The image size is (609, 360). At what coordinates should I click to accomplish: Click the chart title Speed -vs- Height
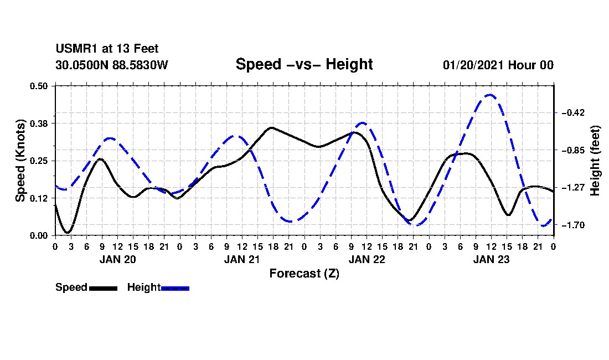(x=304, y=64)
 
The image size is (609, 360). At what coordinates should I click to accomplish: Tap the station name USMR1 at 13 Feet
(x=107, y=49)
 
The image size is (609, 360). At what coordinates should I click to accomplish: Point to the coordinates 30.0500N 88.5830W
(x=112, y=65)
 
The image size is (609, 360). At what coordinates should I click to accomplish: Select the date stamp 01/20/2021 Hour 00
(x=498, y=65)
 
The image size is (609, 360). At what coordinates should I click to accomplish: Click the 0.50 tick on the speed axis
(x=39, y=86)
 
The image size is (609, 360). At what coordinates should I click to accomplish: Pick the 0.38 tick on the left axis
(x=39, y=124)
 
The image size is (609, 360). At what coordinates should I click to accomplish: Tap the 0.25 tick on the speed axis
(x=39, y=161)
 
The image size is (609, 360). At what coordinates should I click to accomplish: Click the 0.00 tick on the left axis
(x=39, y=236)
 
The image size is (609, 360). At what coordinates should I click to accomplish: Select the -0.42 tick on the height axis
(x=573, y=112)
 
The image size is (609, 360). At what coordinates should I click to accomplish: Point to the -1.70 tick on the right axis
(x=573, y=225)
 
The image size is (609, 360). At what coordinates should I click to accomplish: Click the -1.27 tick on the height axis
(x=573, y=188)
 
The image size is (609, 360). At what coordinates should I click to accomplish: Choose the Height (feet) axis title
(x=595, y=161)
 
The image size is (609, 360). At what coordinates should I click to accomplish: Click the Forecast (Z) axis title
(x=304, y=274)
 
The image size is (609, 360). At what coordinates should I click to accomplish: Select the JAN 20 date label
(x=118, y=259)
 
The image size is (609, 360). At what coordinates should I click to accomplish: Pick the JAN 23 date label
(x=491, y=259)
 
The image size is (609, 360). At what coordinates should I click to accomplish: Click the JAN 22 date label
(x=367, y=259)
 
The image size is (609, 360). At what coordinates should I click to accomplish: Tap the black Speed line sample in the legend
(x=104, y=288)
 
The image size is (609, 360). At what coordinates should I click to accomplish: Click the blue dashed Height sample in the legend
(x=175, y=288)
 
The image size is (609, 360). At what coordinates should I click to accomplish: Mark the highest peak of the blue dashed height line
(x=490, y=94)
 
